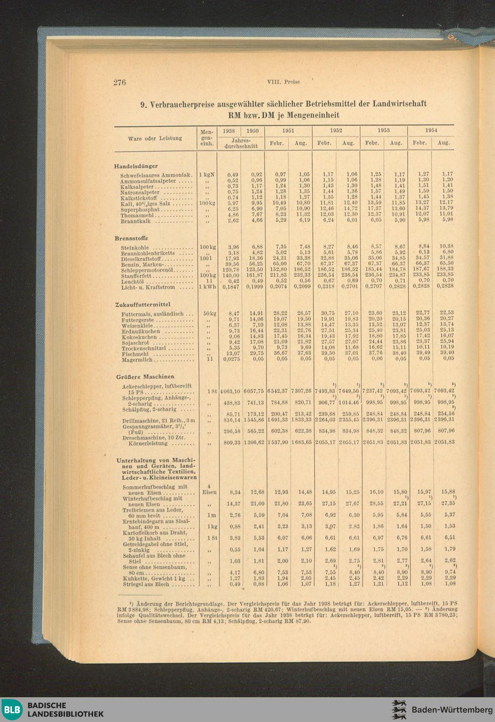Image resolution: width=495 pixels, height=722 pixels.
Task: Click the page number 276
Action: click(120, 82)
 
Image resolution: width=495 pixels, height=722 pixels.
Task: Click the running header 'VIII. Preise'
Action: click(283, 82)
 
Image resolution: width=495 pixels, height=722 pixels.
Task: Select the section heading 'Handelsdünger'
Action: click(136, 166)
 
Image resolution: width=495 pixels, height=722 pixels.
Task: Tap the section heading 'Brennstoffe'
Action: click(131, 238)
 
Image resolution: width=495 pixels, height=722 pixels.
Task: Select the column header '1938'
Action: click(229, 131)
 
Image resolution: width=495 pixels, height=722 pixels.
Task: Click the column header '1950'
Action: click(252, 131)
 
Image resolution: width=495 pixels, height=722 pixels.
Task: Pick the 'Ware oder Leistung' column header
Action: click(155, 139)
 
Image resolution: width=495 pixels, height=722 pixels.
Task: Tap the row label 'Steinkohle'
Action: click(135, 247)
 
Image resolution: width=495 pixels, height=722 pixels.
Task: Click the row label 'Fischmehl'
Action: click(135, 354)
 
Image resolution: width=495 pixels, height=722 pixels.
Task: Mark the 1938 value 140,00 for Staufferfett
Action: click(231, 275)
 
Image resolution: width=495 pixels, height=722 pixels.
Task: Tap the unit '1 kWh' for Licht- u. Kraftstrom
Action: click(207, 287)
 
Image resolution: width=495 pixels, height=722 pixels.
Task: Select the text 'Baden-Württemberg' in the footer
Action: click(452, 710)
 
